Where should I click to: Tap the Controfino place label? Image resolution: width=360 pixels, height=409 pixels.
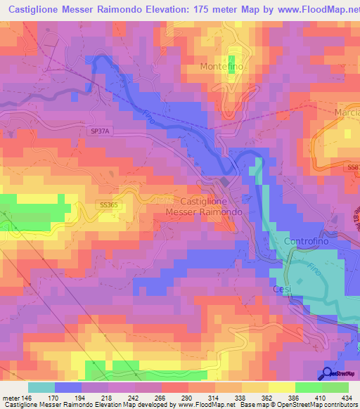308,241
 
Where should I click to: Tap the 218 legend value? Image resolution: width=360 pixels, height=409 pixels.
107,397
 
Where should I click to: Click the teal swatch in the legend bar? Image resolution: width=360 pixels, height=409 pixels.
41,387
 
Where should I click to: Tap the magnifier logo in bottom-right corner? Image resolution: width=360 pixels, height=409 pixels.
328,375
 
